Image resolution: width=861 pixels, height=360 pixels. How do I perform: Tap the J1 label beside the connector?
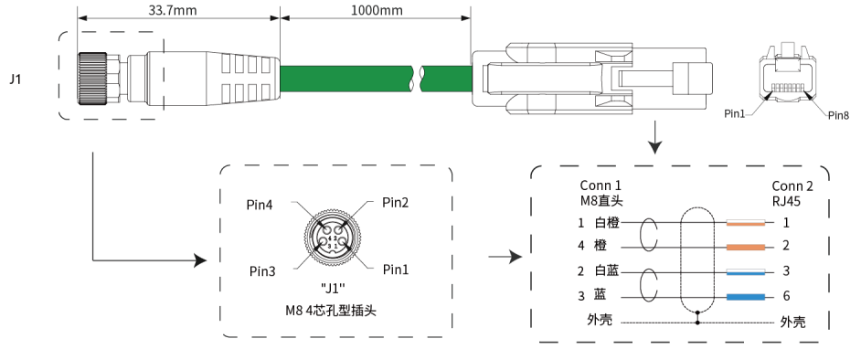coord(16,79)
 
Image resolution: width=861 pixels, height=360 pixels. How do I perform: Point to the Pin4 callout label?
coord(260,206)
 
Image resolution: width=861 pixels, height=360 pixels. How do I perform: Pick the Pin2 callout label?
coord(396,203)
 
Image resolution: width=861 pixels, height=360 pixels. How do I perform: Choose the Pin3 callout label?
coord(262,271)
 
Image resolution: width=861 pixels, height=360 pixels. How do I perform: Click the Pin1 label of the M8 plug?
coord(396,270)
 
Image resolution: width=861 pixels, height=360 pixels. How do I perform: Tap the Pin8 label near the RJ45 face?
coord(838,115)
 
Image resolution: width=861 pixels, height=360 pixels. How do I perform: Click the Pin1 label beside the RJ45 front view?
coord(735,113)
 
